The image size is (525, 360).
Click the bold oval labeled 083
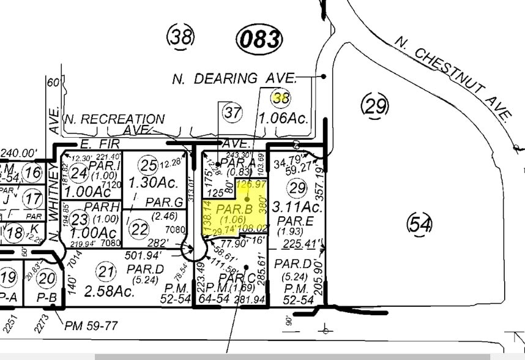[x=260, y=40]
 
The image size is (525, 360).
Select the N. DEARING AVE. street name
[x=234, y=78]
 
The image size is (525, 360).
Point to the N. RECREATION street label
[x=116, y=119]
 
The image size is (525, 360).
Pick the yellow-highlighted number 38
[x=281, y=97]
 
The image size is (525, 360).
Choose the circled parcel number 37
[x=233, y=113]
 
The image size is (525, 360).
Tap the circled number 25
[x=149, y=164]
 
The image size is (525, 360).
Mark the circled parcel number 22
[x=140, y=229]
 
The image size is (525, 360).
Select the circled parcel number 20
[x=46, y=278]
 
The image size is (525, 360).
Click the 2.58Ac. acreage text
[x=109, y=291]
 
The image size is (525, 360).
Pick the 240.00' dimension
[x=20, y=153]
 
